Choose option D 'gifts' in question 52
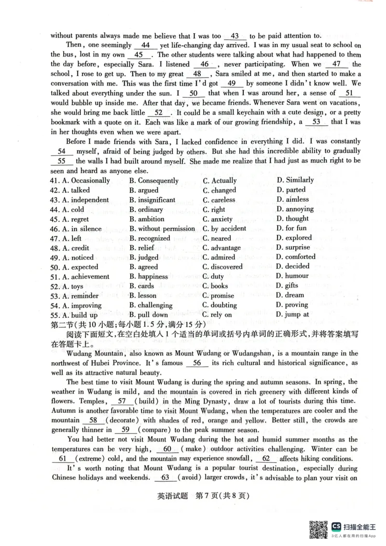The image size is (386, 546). (291, 286)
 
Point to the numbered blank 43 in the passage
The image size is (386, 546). (235, 36)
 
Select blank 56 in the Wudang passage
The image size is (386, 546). (196, 363)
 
